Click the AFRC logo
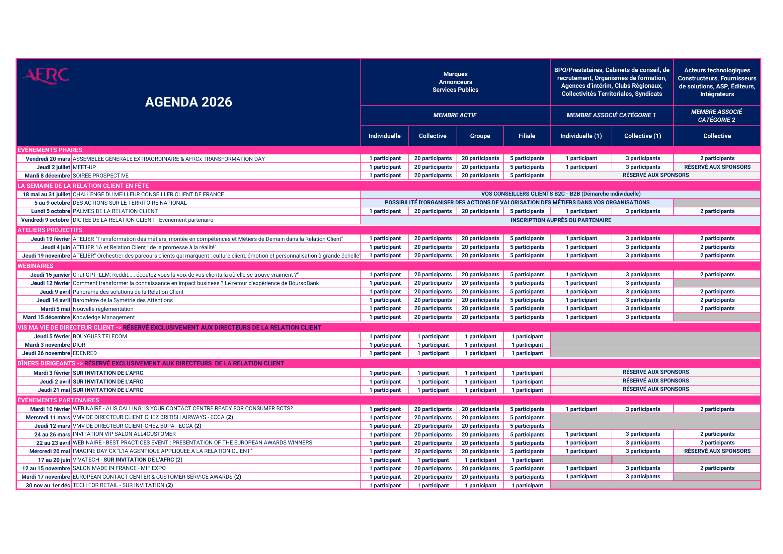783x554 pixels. [46, 75]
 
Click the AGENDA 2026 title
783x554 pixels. [188, 102]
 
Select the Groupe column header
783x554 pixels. [480, 136]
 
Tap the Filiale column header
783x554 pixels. [527, 136]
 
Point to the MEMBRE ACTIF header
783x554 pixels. [455, 115]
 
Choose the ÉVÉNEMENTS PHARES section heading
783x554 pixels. [50, 150]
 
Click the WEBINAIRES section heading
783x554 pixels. [35, 266]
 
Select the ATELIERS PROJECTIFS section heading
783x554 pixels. [50, 230]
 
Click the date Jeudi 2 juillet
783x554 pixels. [53, 167]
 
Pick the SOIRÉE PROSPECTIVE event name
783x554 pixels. [101, 176]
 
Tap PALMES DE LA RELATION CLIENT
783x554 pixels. [115, 211]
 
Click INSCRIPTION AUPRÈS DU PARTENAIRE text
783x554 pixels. [561, 220]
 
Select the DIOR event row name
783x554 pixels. [79, 345]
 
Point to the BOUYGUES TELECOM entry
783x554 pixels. [99, 336]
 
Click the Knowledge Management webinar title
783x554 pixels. [104, 318]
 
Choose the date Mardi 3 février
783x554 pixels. [52, 373]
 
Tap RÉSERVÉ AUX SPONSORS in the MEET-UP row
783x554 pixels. [717, 167]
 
